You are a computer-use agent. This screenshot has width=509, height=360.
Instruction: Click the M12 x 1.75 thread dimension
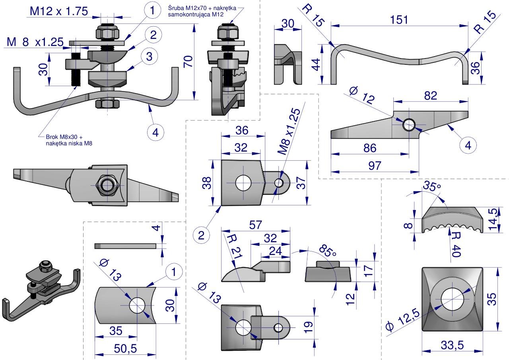59,12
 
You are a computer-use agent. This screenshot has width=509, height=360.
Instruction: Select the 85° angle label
328,251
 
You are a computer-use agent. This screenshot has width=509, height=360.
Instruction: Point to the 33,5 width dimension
453,345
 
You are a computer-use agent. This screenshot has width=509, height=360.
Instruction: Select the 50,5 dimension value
125,348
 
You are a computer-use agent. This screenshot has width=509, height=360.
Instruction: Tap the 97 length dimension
375,166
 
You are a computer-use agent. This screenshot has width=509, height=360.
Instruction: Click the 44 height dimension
316,64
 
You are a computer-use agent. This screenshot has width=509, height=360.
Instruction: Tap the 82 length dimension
430,95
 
